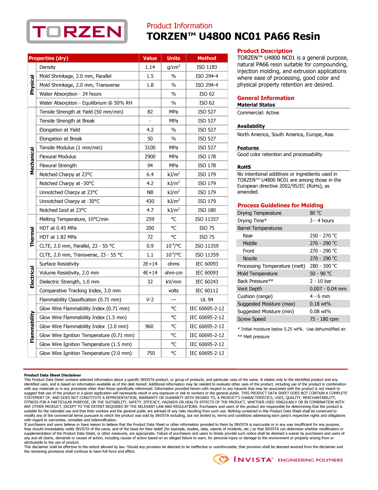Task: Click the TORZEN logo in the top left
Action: point(77,31)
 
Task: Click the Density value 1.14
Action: point(150,67)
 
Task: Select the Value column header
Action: point(150,58)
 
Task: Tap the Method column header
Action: point(207,58)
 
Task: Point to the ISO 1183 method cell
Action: point(207,67)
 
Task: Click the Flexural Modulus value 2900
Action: point(150,156)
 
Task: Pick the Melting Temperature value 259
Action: point(150,219)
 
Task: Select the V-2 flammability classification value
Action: point(150,300)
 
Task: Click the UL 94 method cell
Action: point(207,300)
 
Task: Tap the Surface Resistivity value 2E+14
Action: point(150,264)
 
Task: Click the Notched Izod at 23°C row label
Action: point(63,210)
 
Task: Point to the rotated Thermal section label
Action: point(32,237)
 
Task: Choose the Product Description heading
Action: point(265,51)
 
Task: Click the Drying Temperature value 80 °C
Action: point(316,213)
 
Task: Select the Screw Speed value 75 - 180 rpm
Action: point(324,319)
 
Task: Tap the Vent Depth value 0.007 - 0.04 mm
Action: point(328,289)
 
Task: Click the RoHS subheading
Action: point(244,167)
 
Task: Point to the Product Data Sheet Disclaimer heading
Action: point(53,375)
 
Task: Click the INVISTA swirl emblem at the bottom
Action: point(221,459)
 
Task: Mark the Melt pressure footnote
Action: point(253,337)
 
